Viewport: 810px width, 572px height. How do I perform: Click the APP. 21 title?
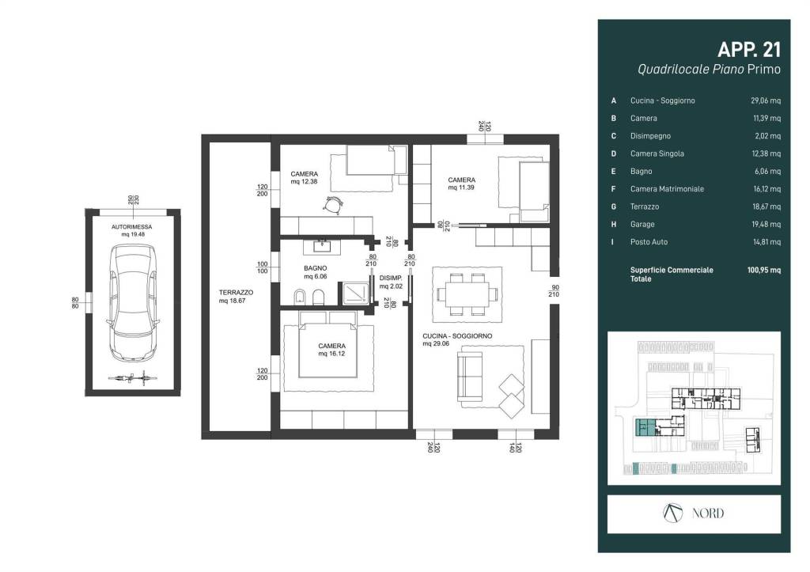tap(749, 50)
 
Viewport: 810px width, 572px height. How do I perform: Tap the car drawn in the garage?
tap(133, 303)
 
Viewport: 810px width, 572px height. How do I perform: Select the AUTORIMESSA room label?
tap(132, 227)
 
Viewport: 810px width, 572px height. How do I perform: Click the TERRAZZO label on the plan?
tap(236, 293)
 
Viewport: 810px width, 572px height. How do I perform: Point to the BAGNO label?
tap(315, 268)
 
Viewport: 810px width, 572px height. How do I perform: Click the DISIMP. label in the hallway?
tap(391, 278)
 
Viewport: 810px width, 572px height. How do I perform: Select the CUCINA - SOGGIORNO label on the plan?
tap(457, 336)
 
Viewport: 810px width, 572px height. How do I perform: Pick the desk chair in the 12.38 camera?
tap(333, 205)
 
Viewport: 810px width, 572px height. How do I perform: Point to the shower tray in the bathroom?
tap(355, 294)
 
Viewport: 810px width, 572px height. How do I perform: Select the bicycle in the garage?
tap(133, 378)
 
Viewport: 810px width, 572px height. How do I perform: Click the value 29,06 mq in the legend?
tap(766, 100)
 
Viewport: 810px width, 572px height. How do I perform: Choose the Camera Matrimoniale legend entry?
tap(667, 189)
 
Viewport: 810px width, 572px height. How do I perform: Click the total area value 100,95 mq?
tap(764, 270)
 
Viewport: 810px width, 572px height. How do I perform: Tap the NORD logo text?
tap(708, 513)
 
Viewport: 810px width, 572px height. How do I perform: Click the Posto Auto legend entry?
tap(649, 242)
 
